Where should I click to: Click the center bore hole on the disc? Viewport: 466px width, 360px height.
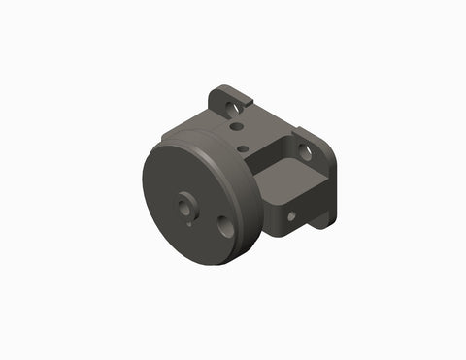(x=184, y=205)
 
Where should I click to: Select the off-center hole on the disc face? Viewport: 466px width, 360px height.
(x=226, y=227)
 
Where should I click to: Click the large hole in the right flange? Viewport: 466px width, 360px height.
(x=305, y=152)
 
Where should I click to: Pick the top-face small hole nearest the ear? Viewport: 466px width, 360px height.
(x=235, y=125)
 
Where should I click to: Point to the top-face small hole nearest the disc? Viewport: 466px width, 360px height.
(x=243, y=148)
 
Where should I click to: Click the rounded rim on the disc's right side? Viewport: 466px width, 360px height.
(x=249, y=209)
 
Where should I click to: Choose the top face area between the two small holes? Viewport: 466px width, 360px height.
(x=239, y=137)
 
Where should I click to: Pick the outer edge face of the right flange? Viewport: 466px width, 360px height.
(x=331, y=184)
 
